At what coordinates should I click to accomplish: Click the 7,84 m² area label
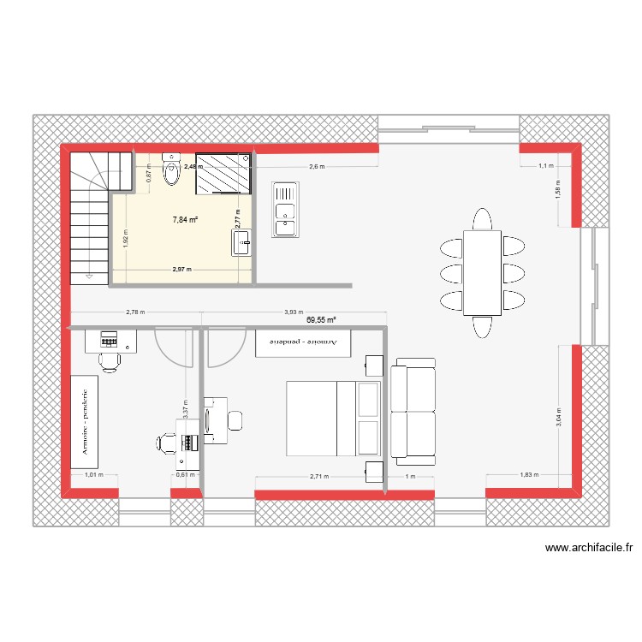[x=185, y=219]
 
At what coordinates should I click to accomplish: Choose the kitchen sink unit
[x=283, y=208]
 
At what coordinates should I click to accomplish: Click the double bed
[x=332, y=418]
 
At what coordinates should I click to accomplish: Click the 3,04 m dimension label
[x=559, y=418]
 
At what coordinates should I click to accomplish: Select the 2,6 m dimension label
[x=317, y=167]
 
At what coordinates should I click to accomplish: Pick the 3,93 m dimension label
[x=294, y=313]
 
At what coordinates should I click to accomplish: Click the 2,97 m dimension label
[x=181, y=270]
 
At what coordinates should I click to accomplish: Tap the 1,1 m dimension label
[x=545, y=167]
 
